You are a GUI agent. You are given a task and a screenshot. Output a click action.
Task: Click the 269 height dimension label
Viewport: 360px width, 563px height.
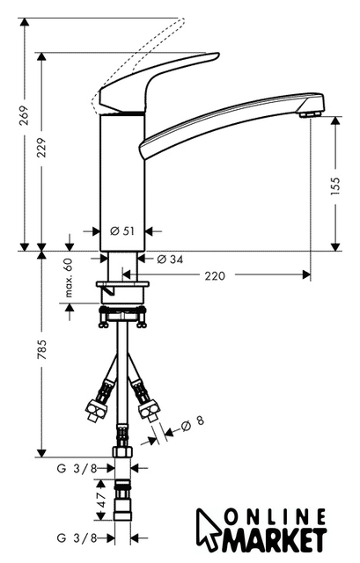(24, 115)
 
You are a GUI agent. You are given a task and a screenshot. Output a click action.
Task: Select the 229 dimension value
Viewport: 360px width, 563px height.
(41, 148)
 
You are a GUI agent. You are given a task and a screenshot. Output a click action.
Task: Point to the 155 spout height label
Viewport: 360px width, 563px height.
(334, 186)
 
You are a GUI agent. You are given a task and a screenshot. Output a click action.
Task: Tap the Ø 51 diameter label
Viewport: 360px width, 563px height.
(122, 231)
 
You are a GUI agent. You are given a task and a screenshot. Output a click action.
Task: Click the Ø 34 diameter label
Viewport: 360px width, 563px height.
(170, 259)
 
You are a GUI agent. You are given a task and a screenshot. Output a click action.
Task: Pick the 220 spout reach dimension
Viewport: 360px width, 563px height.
(215, 275)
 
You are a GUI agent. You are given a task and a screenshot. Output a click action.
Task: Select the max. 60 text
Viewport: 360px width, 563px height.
(69, 278)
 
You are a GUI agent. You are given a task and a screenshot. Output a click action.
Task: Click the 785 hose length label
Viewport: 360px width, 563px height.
(41, 350)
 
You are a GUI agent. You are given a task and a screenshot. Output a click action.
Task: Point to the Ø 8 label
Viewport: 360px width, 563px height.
(193, 423)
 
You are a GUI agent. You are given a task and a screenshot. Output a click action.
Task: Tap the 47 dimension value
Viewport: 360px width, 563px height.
(101, 500)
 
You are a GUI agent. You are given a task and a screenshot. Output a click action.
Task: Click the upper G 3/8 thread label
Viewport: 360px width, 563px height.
(77, 468)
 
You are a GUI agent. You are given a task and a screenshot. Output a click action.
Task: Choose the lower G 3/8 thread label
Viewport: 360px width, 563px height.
(77, 537)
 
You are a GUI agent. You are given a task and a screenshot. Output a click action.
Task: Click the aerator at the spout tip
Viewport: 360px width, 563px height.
(311, 114)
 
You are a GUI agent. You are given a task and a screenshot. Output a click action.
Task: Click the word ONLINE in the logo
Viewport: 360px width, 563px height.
(275, 518)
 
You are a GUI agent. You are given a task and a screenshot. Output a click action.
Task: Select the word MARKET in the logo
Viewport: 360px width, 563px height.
(275, 539)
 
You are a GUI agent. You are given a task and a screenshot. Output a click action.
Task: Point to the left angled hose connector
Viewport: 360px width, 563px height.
(100, 399)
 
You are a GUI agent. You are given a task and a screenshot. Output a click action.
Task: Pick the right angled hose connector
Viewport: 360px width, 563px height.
(145, 399)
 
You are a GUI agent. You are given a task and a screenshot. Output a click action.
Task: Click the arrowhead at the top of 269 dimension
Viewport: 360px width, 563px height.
(24, 22)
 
